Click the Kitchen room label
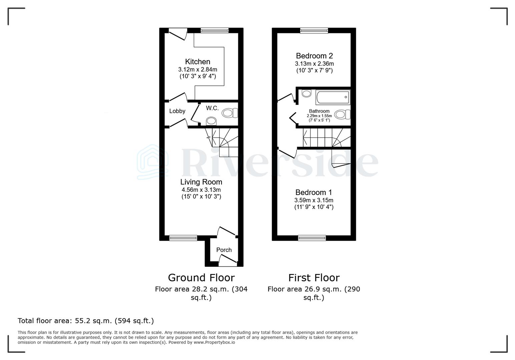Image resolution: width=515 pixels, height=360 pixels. click(x=197, y=62)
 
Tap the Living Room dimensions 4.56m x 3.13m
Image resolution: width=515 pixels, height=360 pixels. click(x=201, y=190)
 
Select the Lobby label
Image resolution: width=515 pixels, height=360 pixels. click(x=177, y=111)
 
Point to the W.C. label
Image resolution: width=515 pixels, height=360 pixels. click(x=212, y=108)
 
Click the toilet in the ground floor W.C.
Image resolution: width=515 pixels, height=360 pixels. click(x=230, y=113)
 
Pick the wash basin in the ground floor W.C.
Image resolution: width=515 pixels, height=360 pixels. click(x=211, y=121)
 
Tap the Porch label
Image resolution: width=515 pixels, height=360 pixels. click(x=224, y=250)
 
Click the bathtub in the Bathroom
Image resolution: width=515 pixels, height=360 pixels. click(x=333, y=97)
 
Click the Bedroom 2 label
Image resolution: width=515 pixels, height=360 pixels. click(x=314, y=56)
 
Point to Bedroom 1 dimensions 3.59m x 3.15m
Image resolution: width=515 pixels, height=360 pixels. click(x=314, y=200)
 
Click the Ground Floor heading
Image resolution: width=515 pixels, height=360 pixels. click(x=201, y=278)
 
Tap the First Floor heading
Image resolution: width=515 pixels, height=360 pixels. click(x=314, y=278)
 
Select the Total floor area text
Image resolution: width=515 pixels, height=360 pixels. click(x=86, y=321)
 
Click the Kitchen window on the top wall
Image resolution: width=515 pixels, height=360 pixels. click(x=214, y=30)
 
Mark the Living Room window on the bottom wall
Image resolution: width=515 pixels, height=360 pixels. click(x=183, y=238)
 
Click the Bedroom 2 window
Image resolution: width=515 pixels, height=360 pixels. click(x=314, y=30)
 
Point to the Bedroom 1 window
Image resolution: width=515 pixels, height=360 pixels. click(x=312, y=238)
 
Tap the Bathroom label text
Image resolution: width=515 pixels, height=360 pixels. click(x=319, y=111)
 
